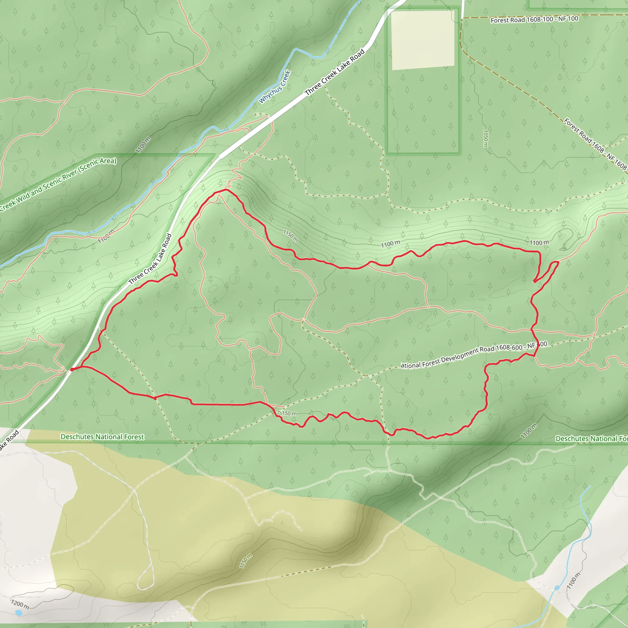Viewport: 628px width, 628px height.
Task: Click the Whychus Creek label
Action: (274, 87)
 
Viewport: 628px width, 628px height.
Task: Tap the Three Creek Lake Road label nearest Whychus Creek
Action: (335, 72)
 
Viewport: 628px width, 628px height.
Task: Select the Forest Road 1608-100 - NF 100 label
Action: (534, 20)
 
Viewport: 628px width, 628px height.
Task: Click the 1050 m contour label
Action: (486, 139)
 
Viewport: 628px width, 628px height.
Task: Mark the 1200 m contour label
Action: (20, 604)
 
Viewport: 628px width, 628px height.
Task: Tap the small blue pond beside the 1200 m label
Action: (19, 613)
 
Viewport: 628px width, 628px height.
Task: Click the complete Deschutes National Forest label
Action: (102, 437)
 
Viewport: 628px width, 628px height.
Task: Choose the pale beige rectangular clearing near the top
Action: (423, 40)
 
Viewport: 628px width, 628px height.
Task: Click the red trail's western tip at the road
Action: (72, 369)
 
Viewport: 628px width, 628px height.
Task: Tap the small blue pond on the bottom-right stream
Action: (557, 588)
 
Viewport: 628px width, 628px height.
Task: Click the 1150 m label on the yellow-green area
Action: (246, 561)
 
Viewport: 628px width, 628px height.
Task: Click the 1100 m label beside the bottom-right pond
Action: (573, 581)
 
